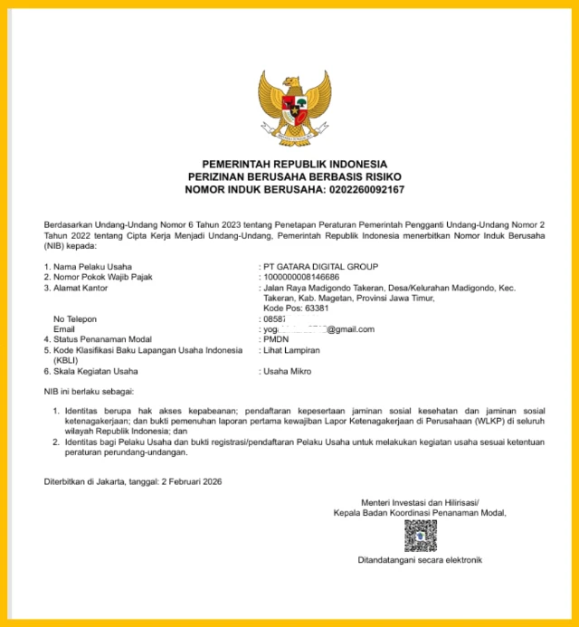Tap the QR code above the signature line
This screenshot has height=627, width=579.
point(420,536)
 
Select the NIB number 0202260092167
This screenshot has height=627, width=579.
point(356,190)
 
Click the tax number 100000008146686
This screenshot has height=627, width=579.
point(301,277)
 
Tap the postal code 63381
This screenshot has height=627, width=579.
point(310,309)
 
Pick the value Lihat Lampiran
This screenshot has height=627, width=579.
point(292,350)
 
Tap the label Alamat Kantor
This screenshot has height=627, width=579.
point(81,288)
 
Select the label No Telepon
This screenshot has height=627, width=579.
point(75,319)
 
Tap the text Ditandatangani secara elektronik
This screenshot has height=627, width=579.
point(420,560)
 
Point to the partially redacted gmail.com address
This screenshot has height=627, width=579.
point(317,329)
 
